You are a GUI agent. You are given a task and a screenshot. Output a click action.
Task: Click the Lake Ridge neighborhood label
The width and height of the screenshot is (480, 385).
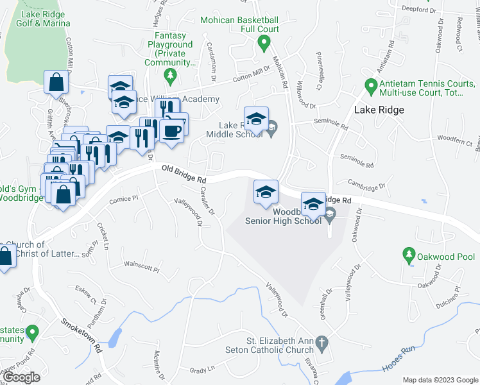click(379, 110)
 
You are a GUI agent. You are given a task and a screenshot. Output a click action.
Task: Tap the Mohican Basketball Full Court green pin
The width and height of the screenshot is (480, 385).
click(262, 44)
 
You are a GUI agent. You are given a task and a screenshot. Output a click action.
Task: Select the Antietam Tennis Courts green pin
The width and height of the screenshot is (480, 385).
click(370, 85)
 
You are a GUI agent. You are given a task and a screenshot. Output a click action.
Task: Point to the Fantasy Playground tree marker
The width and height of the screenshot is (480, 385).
click(170, 77)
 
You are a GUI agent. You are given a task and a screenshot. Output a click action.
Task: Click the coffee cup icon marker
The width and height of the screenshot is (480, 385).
click(171, 130)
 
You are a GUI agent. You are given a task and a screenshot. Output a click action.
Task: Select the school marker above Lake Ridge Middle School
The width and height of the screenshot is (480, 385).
click(256, 119)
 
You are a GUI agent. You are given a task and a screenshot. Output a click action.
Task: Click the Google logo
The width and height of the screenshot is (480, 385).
click(22, 377)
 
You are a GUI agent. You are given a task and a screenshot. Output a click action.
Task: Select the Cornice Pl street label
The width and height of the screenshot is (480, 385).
click(124, 199)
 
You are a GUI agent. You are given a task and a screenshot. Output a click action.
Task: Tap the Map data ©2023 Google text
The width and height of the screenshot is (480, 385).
click(440, 380)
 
